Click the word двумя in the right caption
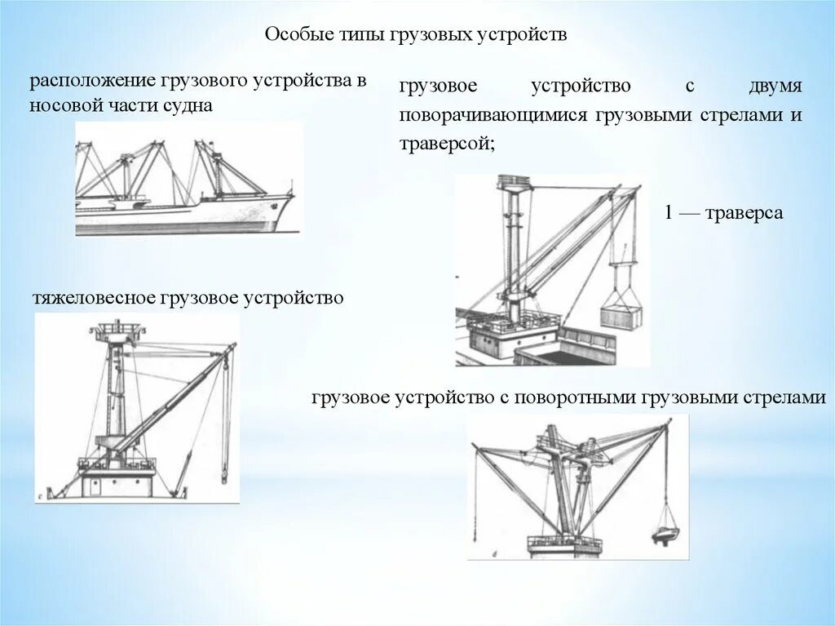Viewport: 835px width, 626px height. click(x=775, y=87)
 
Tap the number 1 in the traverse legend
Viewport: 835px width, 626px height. click(x=668, y=213)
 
